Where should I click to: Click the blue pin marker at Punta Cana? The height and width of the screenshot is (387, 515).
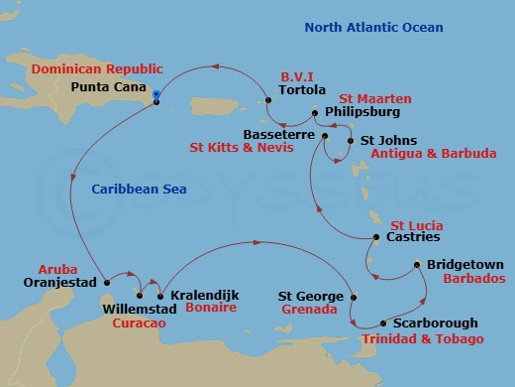pyautogui.click(x=156, y=95)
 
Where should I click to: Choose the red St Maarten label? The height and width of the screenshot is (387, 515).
pyautogui.click(x=376, y=98)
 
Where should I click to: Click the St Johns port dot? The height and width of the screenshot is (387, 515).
pyautogui.click(x=350, y=141)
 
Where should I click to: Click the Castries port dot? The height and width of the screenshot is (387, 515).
pyautogui.click(x=376, y=238)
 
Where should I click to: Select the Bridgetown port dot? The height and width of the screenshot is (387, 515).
pyautogui.click(x=418, y=266)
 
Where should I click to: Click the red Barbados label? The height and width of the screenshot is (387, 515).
pyautogui.click(x=457, y=280)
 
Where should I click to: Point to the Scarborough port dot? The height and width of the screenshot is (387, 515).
pyautogui.click(x=383, y=323)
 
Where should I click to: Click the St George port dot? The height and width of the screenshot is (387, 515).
pyautogui.click(x=354, y=297)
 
